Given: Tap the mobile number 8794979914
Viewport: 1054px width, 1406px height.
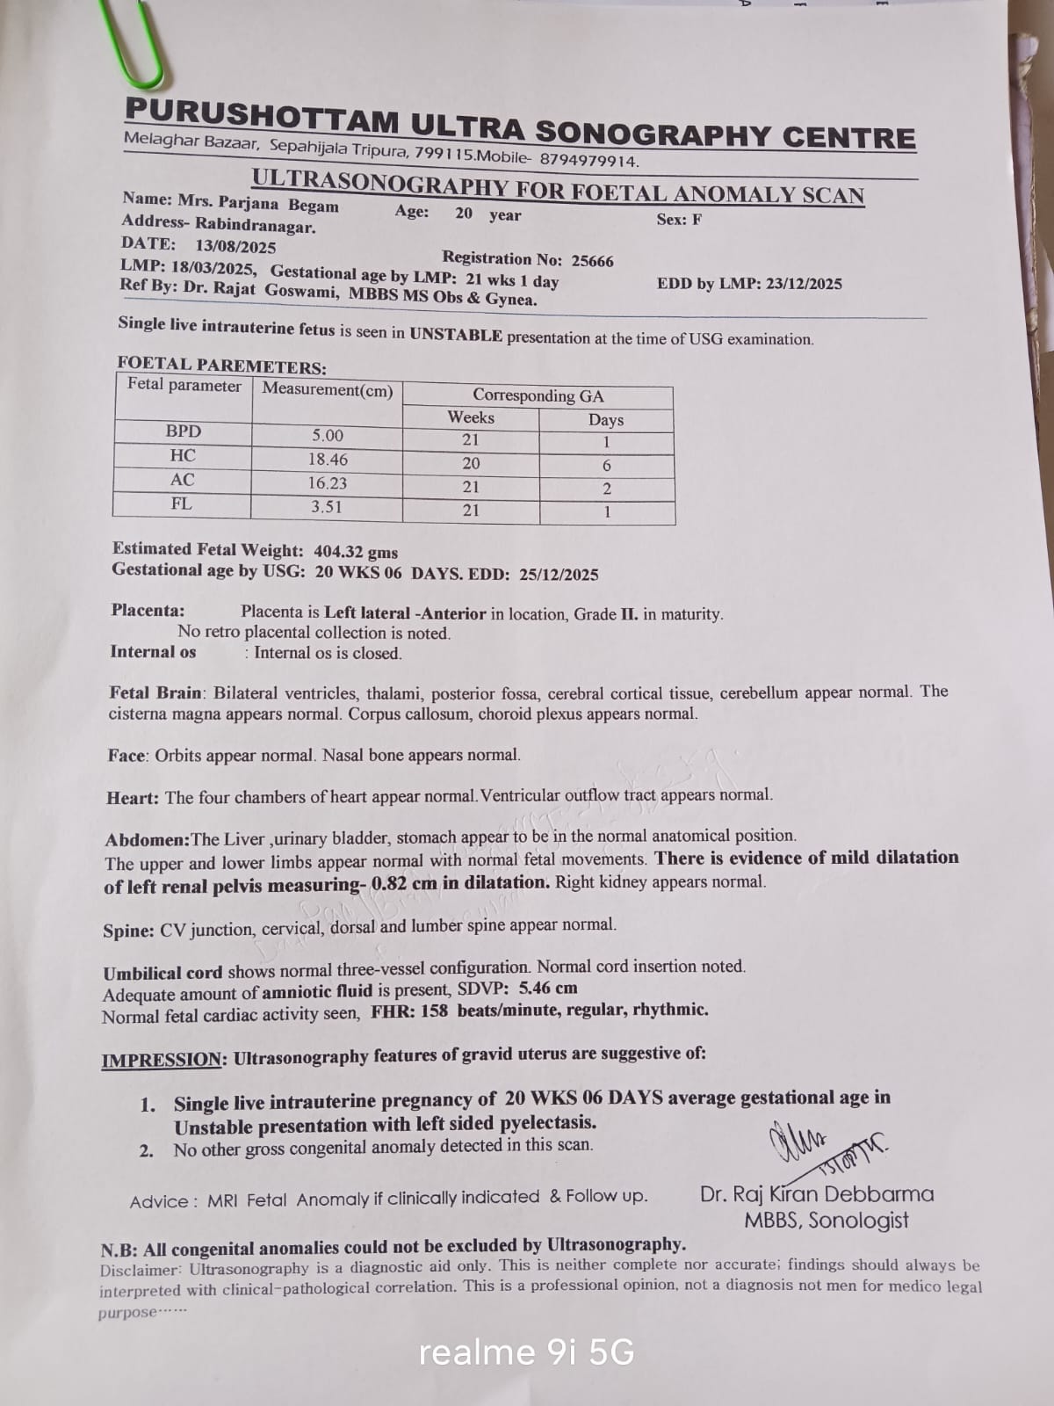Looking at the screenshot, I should (x=588, y=161).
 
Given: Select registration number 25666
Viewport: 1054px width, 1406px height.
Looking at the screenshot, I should (x=593, y=261).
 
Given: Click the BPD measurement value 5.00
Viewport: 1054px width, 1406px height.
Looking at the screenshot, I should (x=328, y=436).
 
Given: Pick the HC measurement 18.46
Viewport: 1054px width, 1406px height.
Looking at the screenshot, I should (x=328, y=460).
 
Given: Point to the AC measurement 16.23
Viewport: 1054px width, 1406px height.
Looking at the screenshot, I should (x=327, y=483).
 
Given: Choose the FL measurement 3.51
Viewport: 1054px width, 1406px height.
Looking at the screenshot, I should (x=327, y=507).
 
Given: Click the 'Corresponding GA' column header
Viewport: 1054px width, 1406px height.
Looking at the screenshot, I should (x=538, y=395).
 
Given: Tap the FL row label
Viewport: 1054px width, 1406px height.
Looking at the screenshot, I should (x=182, y=504).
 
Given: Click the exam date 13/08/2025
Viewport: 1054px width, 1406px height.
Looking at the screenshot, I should (x=235, y=247).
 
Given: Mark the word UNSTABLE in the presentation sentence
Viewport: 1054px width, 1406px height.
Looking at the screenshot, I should (x=456, y=335).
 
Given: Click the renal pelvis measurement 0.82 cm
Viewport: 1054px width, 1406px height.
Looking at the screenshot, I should (x=404, y=884).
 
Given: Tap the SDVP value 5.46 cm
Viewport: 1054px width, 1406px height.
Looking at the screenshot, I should (x=548, y=989).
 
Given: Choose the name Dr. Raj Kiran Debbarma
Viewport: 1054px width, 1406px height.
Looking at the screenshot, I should (x=817, y=1194).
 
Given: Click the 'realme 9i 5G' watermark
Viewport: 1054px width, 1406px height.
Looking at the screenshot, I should (x=526, y=1352).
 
